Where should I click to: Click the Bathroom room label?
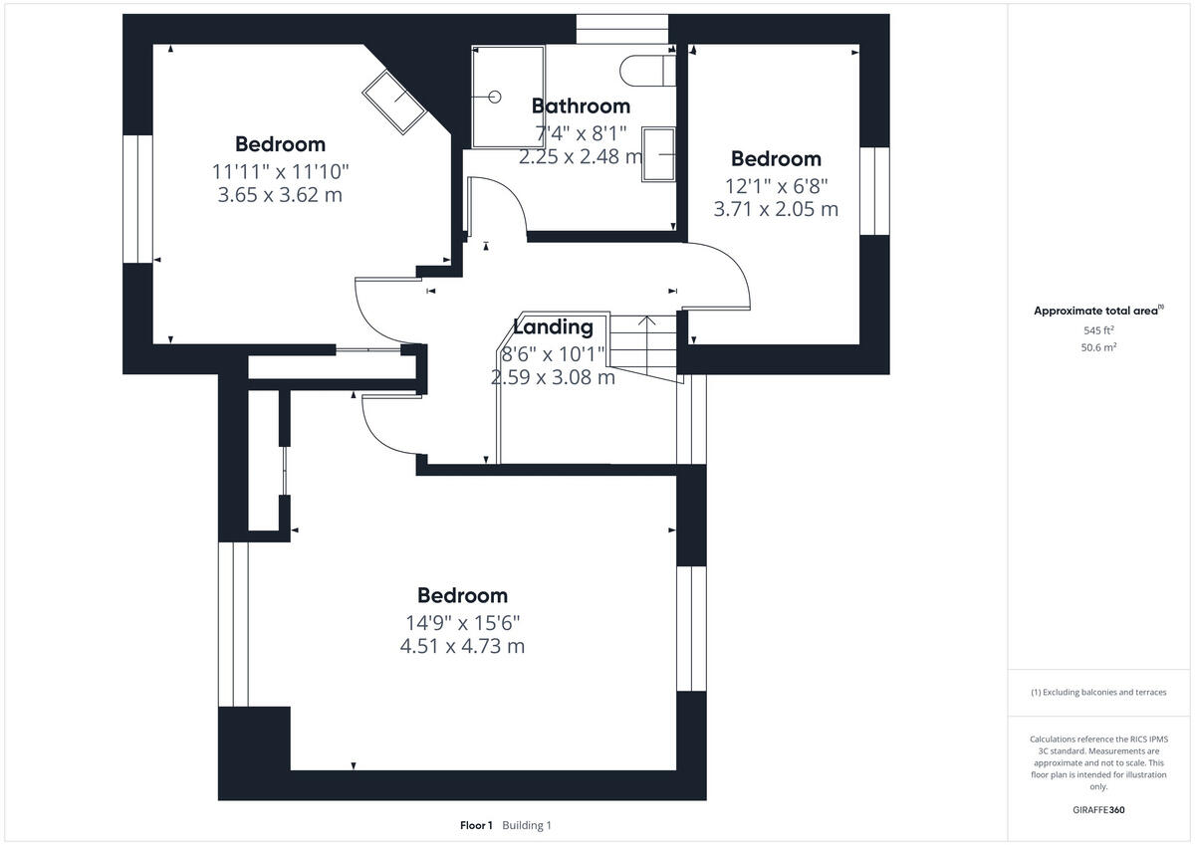581,106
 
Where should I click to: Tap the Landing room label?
553,326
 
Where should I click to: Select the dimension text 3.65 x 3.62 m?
280,195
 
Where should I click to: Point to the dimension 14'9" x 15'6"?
462,622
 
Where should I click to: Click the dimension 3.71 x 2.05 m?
776,209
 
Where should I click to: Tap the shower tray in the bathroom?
509,97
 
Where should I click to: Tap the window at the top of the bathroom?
621,29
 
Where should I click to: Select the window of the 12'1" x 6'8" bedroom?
874,191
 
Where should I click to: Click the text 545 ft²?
1098,330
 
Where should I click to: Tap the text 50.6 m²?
1098,348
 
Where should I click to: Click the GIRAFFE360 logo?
1098,810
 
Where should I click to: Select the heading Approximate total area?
1095,311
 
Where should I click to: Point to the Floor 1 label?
476,825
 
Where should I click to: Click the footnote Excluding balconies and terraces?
1098,692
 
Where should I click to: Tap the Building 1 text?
527,825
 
